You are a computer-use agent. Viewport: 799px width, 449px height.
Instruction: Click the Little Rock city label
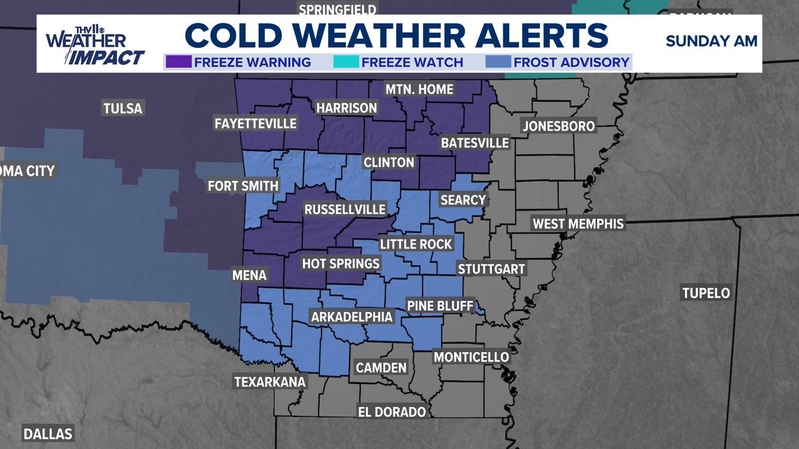[416, 244]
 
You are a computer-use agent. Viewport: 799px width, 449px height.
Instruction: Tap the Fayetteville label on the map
[256, 123]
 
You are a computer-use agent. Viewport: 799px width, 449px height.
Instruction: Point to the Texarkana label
[270, 382]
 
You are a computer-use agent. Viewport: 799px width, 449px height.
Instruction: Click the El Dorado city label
[392, 412]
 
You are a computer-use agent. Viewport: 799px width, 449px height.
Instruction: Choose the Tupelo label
[706, 293]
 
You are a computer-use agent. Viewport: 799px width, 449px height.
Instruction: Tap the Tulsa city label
[123, 108]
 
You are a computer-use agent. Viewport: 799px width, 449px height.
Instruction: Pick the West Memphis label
[578, 224]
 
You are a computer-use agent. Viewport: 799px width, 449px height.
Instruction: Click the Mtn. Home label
[420, 89]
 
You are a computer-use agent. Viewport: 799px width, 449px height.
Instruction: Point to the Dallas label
[48, 434]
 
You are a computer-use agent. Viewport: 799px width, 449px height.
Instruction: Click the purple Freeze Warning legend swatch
[178, 63]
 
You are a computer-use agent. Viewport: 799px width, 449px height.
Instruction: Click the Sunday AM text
[711, 41]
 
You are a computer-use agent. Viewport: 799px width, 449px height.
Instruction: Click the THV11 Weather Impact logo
[95, 45]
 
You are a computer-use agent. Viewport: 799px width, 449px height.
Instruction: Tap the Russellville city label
[345, 210]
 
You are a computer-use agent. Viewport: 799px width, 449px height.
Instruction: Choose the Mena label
[250, 275]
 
